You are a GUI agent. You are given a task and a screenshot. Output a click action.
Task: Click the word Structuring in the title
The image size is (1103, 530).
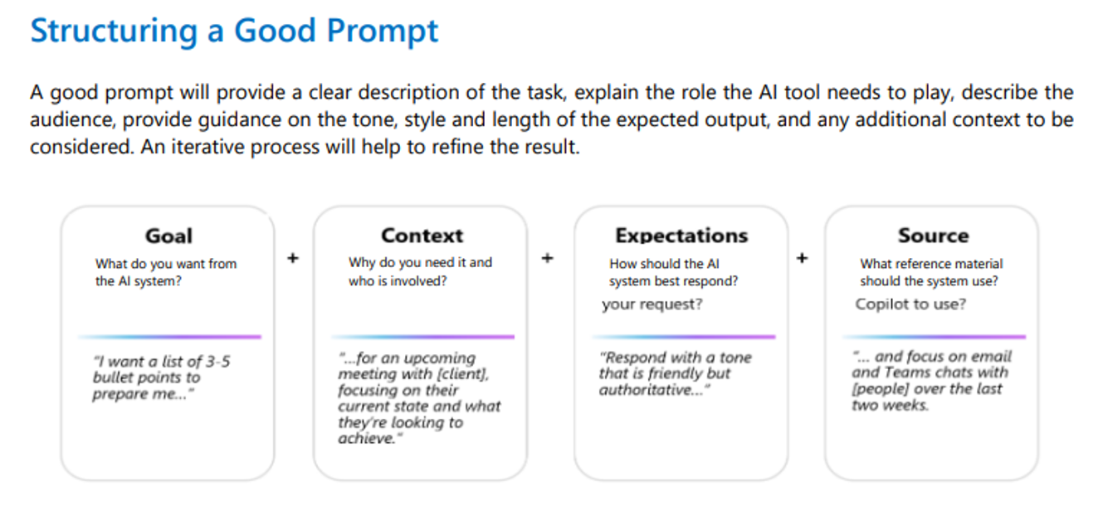pos(114,32)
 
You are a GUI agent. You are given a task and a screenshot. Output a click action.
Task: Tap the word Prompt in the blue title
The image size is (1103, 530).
pos(382,32)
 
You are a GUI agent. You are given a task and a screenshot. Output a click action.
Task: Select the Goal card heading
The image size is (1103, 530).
pos(168,236)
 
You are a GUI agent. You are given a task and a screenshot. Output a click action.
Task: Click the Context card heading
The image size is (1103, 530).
pos(422,236)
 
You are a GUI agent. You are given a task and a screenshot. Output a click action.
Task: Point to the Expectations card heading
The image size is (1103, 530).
pos(681,236)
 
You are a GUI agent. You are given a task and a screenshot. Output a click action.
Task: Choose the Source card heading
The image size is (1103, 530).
pos(933,236)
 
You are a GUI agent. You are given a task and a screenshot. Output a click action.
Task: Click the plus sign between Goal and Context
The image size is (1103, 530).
pos(293,258)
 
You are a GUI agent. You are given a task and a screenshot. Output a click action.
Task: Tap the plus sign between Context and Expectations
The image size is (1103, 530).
pos(548,258)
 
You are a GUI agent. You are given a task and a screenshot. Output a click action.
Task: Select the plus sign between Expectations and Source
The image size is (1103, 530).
pos(802,258)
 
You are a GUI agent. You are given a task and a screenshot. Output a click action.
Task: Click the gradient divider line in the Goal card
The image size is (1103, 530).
pos(169,337)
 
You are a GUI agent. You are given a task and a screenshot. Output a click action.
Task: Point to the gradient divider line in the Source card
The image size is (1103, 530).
pos(934,337)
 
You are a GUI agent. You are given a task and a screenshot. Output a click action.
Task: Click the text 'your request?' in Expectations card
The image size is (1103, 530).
pos(652,304)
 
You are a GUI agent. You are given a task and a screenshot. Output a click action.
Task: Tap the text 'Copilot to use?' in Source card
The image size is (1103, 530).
pos(910,304)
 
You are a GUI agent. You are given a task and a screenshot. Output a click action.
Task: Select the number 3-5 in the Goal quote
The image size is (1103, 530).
pos(217,362)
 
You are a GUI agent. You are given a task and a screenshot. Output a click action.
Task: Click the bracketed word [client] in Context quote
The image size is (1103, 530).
pos(463,374)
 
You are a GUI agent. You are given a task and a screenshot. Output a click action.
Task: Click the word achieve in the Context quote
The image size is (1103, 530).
pos(364,438)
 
